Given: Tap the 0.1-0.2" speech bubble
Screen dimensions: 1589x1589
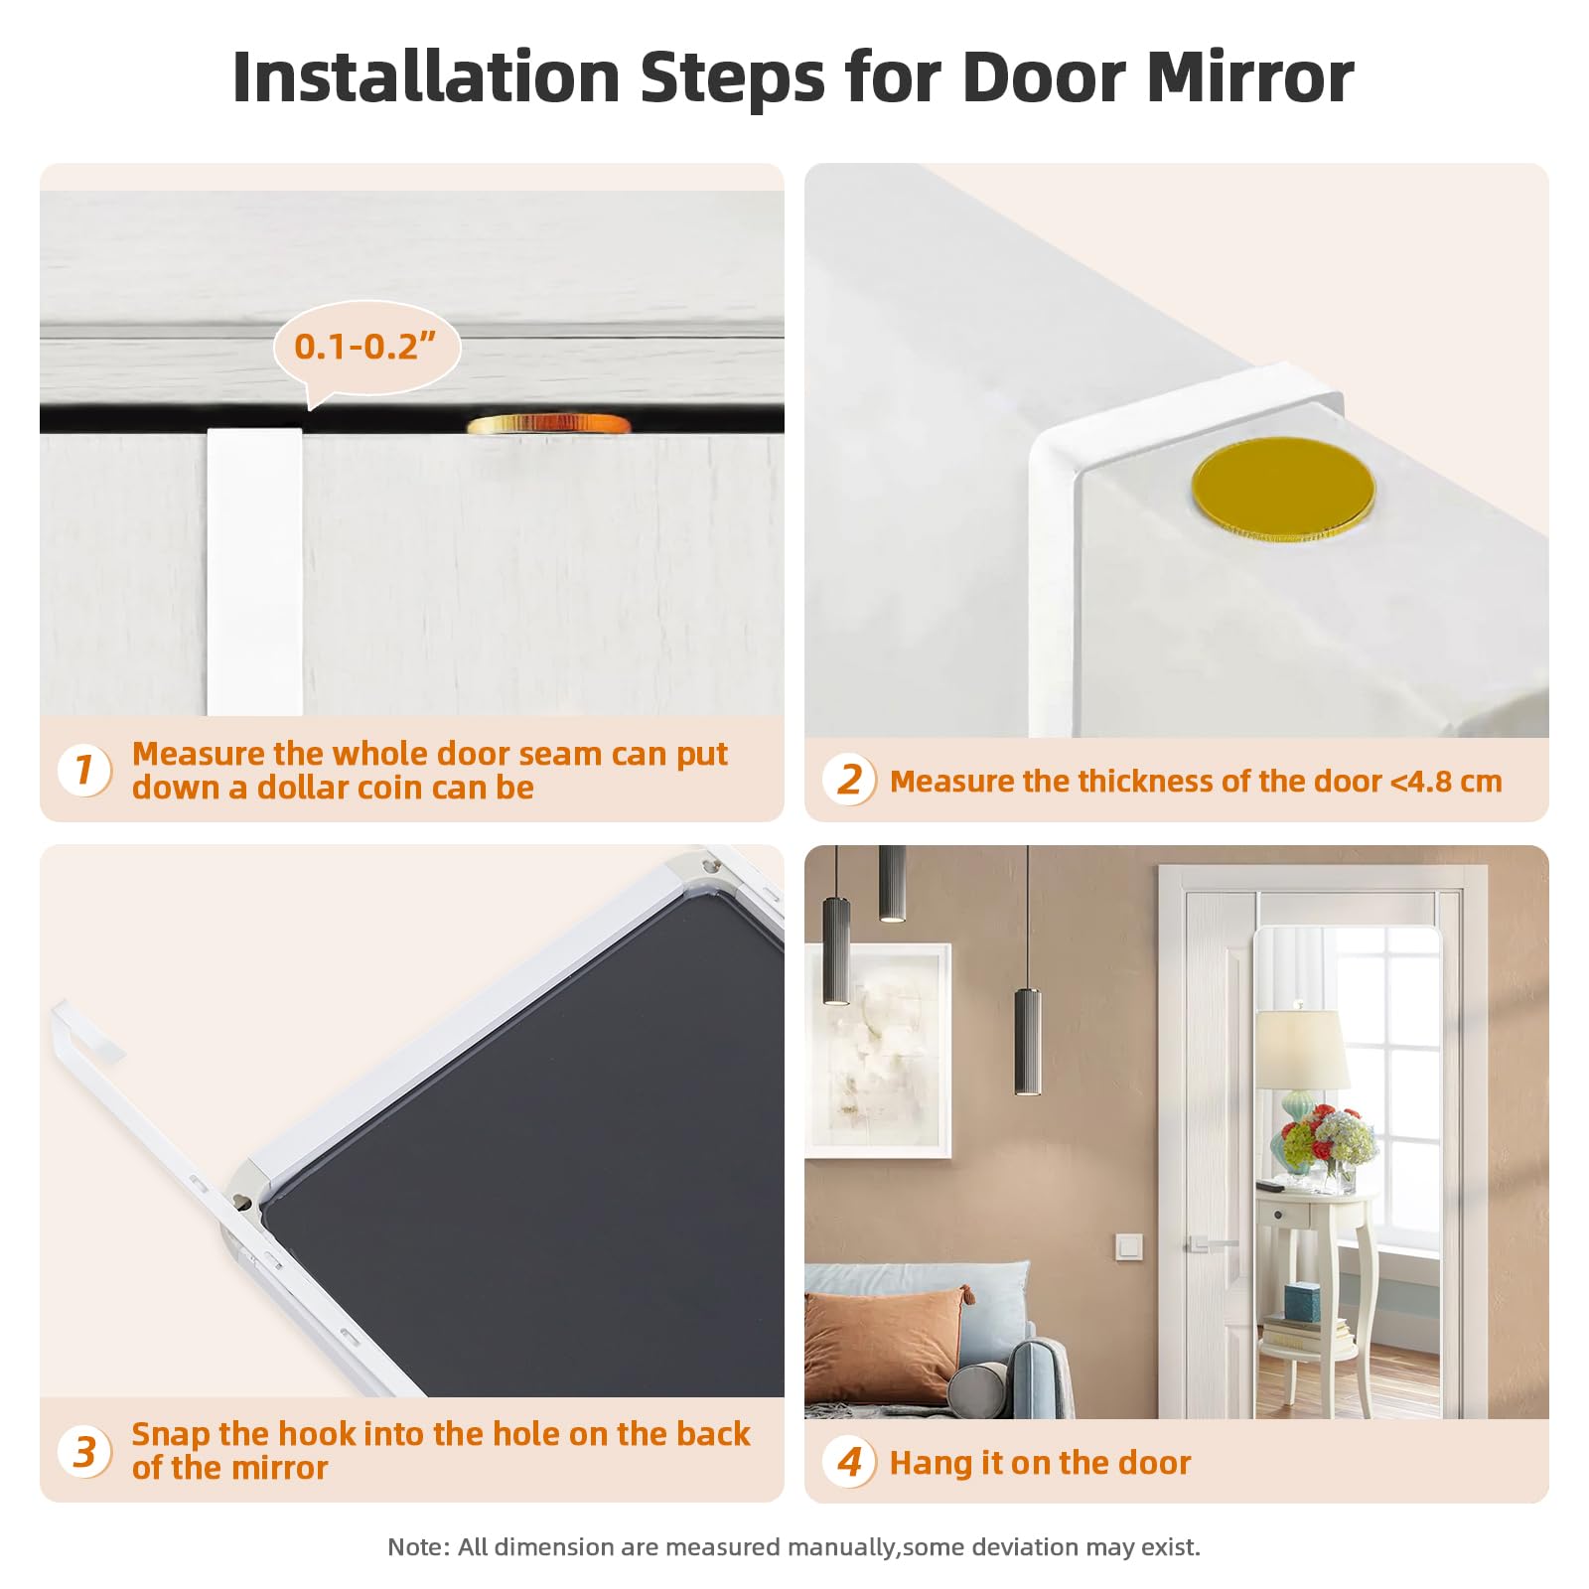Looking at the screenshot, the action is click(x=366, y=349).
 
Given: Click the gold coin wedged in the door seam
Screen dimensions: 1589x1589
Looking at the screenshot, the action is click(x=548, y=424).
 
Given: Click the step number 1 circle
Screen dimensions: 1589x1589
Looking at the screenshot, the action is click(x=84, y=770).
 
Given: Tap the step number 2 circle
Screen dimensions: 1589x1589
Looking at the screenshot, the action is click(x=849, y=780).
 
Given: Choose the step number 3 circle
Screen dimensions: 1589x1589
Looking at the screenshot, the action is click(x=84, y=1451).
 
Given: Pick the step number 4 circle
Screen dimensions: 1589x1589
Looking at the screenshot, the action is click(x=849, y=1462).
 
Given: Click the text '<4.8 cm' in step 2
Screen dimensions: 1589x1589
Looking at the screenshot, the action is click(x=1446, y=782).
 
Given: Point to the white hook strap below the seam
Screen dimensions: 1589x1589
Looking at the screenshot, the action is click(x=254, y=572).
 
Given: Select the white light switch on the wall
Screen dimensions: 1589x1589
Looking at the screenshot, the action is click(x=1129, y=1245).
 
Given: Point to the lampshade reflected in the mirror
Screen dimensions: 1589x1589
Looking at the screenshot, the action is click(x=1301, y=1050).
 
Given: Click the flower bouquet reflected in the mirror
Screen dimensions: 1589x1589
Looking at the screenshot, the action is click(x=1326, y=1142).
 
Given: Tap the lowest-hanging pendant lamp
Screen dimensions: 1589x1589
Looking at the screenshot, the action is click(x=1028, y=1042).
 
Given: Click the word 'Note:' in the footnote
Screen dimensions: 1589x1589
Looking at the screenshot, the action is click(x=418, y=1546).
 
